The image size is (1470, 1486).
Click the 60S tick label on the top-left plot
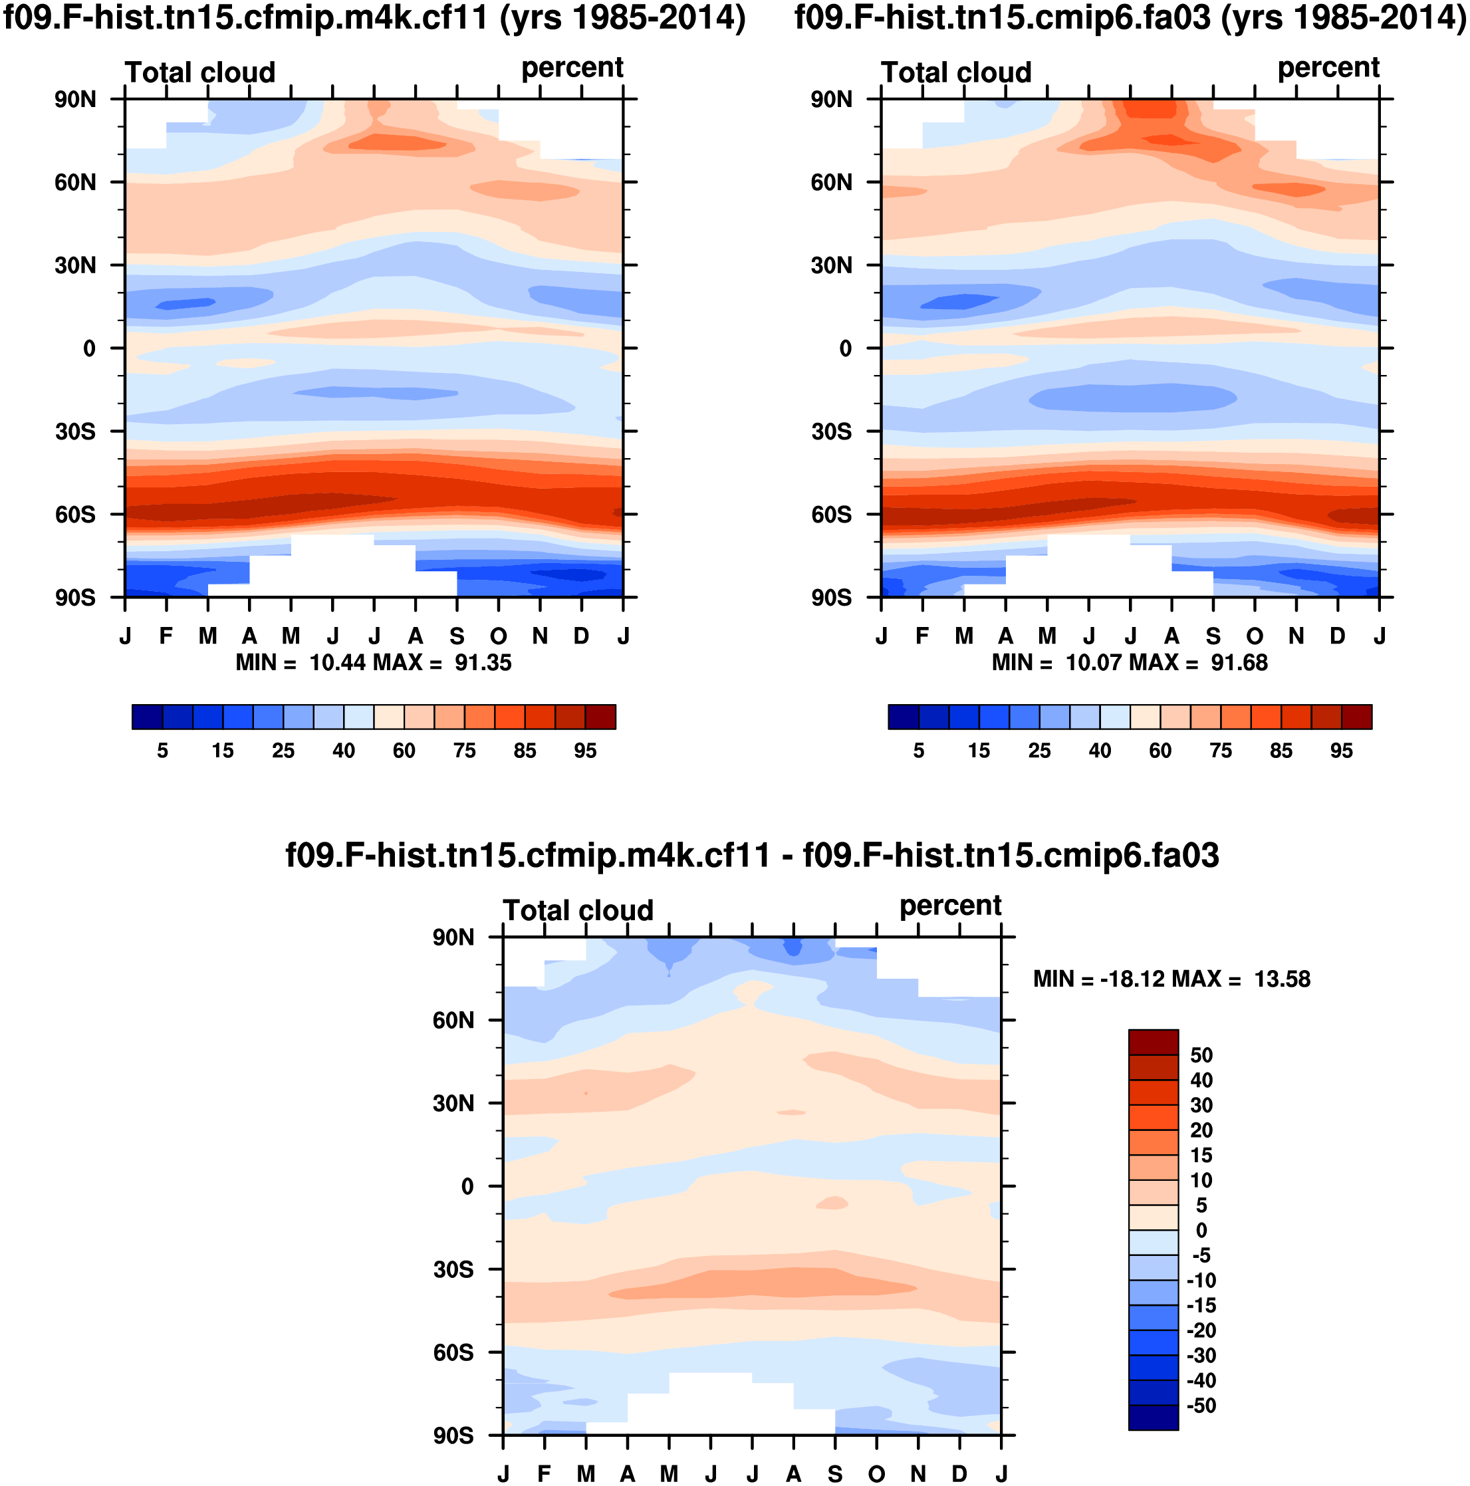point(75,514)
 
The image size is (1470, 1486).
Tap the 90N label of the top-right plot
point(831,99)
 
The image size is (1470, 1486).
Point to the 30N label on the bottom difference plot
point(453,1103)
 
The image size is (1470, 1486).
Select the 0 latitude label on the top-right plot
point(846,348)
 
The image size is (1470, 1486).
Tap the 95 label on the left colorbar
point(584,751)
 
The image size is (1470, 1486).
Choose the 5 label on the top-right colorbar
point(918,751)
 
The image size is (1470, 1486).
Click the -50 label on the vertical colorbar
point(1201,1406)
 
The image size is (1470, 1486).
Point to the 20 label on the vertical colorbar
point(1201,1131)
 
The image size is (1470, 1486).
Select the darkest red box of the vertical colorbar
point(1153,1043)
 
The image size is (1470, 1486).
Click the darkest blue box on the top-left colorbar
point(147,716)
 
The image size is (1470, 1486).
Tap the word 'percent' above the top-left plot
point(572,68)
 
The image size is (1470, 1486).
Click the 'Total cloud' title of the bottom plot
point(578,911)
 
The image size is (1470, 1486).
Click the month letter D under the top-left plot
point(582,636)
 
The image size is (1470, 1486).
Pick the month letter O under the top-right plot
point(1255,636)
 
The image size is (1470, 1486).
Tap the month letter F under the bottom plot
point(544,1473)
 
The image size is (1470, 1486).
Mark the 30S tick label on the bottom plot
point(453,1269)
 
